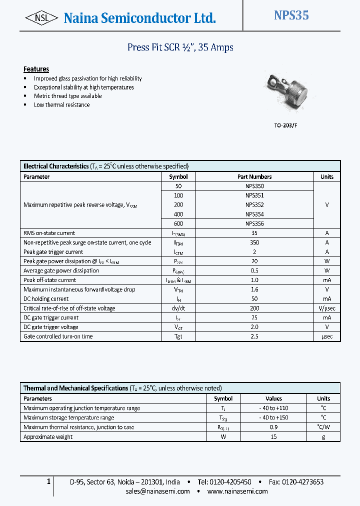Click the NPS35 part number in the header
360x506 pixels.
click(291, 16)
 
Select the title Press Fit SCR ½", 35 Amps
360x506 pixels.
click(180, 47)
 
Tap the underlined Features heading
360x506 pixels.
click(36, 69)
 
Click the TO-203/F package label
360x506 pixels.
click(285, 126)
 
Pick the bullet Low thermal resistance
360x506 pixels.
click(61, 105)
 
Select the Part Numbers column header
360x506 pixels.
click(254, 176)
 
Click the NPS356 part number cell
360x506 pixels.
click(254, 223)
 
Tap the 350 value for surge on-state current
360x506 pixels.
click(254, 242)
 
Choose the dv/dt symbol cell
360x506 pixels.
click(178, 308)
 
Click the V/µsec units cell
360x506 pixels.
click(327, 308)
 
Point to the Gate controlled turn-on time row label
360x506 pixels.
click(58, 336)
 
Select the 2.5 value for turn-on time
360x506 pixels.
click(254, 336)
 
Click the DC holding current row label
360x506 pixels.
click(46, 299)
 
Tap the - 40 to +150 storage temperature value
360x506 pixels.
click(273, 417)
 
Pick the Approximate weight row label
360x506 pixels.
click(48, 436)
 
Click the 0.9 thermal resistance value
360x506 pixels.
click(273, 427)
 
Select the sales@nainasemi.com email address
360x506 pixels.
click(158, 491)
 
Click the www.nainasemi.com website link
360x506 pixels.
click(237, 491)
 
